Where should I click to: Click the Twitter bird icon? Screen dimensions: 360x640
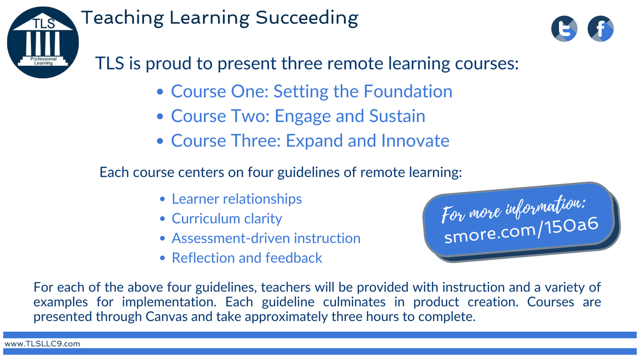(564, 29)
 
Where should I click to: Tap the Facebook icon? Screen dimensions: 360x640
(601, 29)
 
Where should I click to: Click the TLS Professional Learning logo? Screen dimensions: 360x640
(43, 42)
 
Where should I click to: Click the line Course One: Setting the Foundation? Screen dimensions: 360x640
(311, 91)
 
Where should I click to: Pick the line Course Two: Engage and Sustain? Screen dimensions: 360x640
(298, 116)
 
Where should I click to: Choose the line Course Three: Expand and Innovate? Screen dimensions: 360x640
(310, 140)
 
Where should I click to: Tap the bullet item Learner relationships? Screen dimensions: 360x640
(236, 199)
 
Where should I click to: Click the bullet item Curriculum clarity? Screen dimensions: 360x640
(227, 219)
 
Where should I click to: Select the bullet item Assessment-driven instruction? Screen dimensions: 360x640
(266, 238)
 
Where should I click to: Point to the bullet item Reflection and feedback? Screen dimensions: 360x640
(246, 258)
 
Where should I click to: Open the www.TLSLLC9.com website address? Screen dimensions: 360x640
(43, 344)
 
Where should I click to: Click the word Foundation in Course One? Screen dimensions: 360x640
(408, 91)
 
